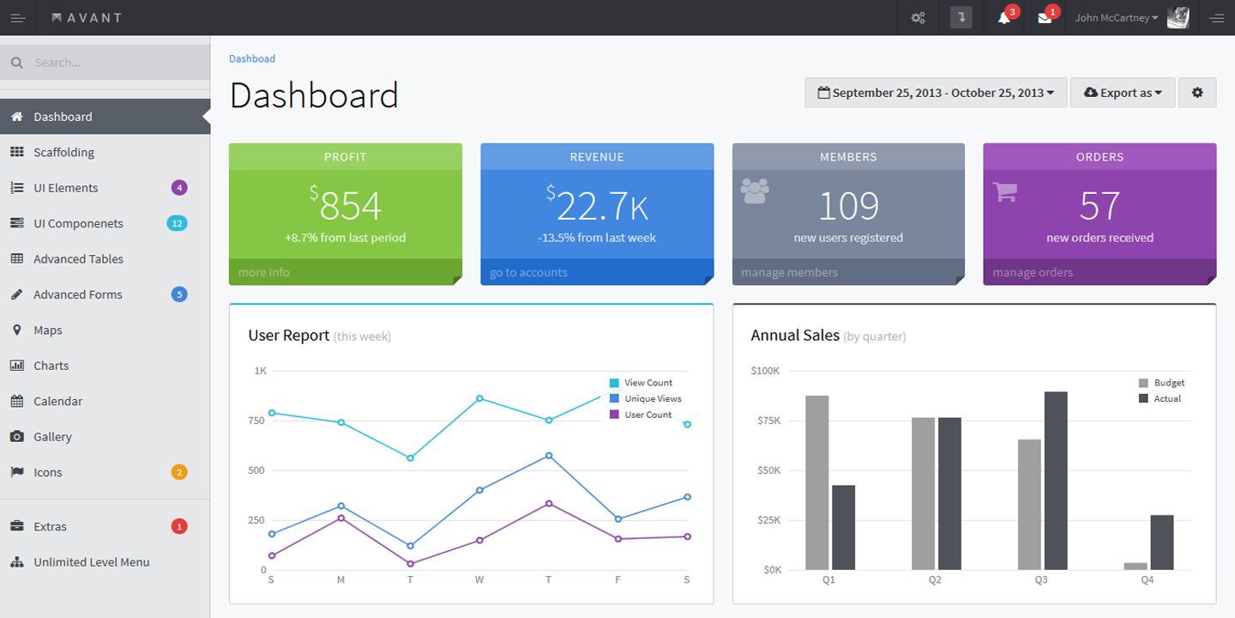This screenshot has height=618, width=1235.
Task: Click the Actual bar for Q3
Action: [1055, 481]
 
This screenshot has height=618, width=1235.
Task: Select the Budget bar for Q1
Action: [816, 482]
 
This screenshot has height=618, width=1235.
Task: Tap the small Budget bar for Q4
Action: [1136, 566]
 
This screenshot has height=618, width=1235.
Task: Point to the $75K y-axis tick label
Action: [769, 421]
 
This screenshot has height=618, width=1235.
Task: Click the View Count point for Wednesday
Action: [479, 398]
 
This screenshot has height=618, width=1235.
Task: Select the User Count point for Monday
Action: [341, 518]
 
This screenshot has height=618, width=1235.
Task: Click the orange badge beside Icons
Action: [179, 472]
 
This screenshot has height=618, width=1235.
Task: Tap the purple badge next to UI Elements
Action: [179, 188]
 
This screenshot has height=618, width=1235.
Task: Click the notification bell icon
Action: [1003, 18]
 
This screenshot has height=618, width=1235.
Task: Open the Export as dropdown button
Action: [1123, 93]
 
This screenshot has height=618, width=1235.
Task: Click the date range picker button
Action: [936, 93]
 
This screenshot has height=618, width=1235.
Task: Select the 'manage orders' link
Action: [1033, 272]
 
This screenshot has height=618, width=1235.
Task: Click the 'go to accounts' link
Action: [528, 272]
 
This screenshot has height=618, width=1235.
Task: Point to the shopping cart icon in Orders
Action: [1004, 192]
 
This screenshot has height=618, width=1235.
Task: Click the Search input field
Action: [105, 63]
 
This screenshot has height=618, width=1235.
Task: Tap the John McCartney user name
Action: [1111, 18]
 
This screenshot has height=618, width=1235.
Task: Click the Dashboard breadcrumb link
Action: [252, 58]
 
